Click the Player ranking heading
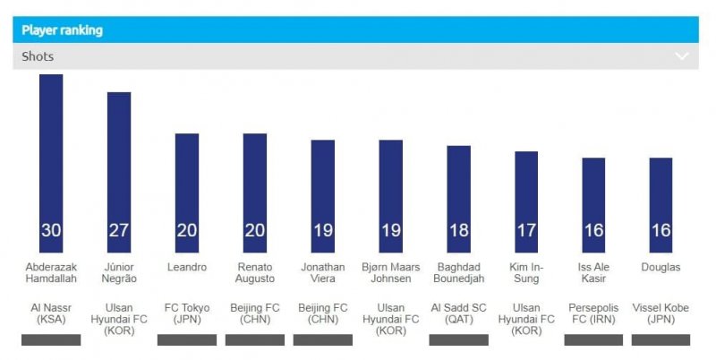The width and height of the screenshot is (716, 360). [x=63, y=30]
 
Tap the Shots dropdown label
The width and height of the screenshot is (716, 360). [x=38, y=56]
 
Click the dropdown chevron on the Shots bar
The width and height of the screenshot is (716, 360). [x=682, y=56]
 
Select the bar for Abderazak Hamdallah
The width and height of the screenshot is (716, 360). [x=51, y=152]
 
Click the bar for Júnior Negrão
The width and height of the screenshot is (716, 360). [x=119, y=161]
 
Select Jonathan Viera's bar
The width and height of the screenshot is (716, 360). [x=323, y=188]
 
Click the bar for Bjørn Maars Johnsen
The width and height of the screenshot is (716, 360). [x=391, y=188]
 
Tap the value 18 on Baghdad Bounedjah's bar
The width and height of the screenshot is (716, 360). [x=459, y=230]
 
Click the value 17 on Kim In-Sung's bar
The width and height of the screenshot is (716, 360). [x=527, y=230]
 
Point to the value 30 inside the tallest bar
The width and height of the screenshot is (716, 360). [x=51, y=230]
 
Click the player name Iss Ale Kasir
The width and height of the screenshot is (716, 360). [x=593, y=273]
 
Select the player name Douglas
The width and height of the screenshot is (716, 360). [x=661, y=267]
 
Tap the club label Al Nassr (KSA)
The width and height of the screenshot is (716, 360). [x=51, y=313]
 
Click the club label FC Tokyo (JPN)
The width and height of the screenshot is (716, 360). [x=187, y=313]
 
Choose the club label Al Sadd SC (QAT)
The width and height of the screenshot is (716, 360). [x=459, y=313]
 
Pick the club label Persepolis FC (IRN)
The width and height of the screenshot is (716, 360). [x=593, y=313]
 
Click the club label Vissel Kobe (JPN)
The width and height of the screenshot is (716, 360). [x=661, y=313]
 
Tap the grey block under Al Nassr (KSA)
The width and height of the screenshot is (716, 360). [x=51, y=340]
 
